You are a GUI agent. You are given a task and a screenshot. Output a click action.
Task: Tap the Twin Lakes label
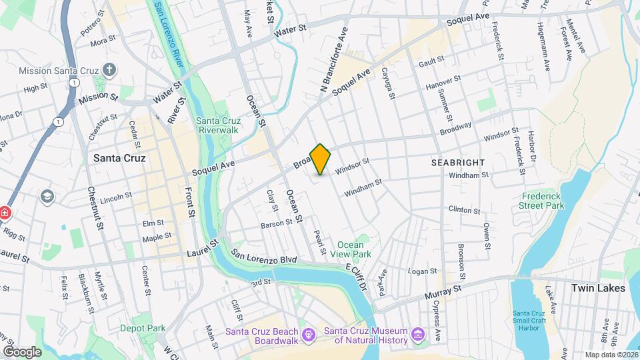598,288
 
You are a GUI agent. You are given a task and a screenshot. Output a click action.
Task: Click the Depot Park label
143,328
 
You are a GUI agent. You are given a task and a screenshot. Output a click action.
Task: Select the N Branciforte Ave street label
335,61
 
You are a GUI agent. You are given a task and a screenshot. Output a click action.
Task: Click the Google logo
21,351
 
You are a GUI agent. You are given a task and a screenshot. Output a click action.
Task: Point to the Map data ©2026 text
612,355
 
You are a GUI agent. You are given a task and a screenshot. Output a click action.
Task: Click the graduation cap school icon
47,197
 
